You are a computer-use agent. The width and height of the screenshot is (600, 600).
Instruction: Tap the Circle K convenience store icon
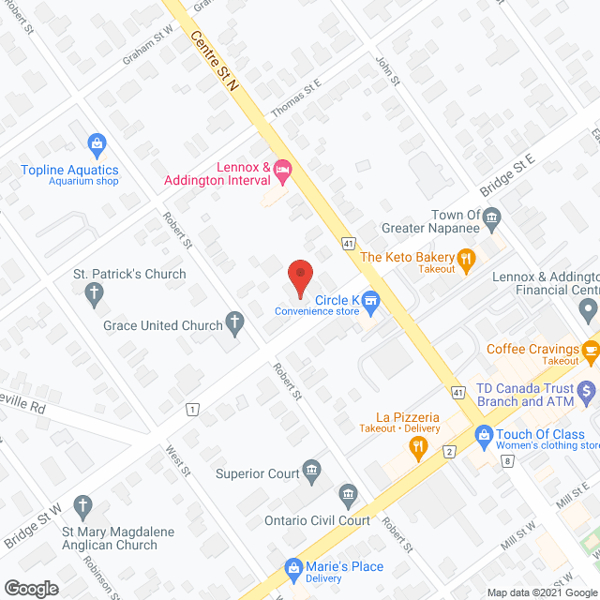click(371, 301)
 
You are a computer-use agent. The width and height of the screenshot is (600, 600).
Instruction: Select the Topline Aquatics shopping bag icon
click(96, 144)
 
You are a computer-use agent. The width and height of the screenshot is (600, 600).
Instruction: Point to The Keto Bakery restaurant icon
click(464, 257)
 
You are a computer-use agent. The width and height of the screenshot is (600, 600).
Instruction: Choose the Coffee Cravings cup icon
click(590, 350)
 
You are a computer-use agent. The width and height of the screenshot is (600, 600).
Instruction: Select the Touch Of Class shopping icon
click(484, 434)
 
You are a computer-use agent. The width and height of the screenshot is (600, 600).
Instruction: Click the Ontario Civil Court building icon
click(348, 494)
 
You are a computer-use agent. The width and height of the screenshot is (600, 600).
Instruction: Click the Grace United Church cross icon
click(235, 324)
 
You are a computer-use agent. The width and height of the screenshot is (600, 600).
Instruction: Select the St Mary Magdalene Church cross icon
click(85, 507)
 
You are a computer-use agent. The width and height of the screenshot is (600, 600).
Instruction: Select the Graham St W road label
click(148, 47)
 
